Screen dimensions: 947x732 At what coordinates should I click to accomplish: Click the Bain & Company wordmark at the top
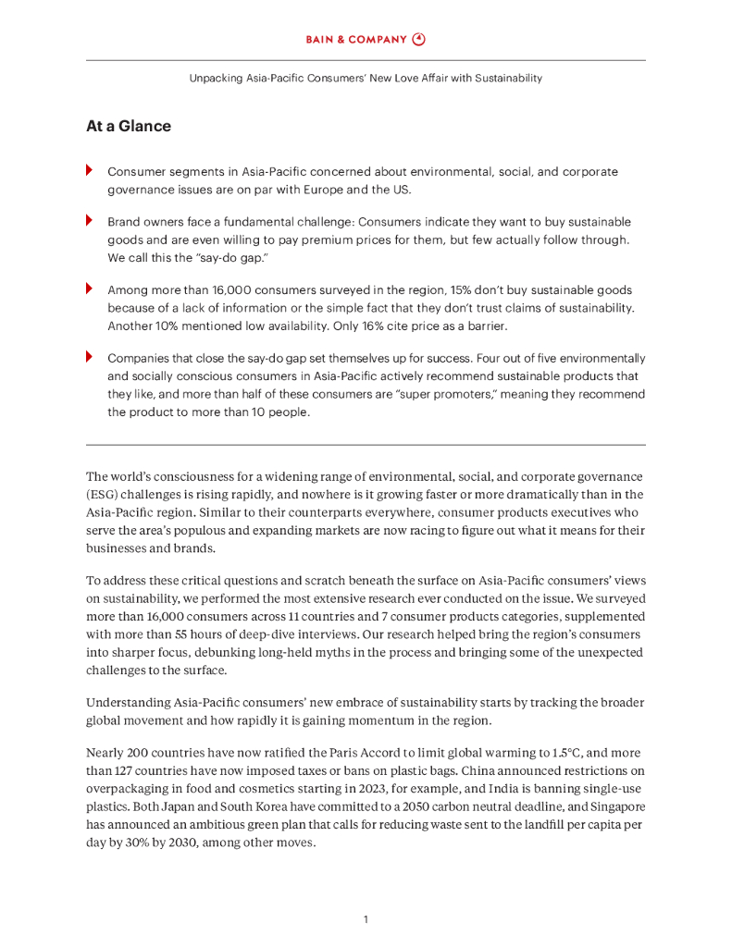point(356,40)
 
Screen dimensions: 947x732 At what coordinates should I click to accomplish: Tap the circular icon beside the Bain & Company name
point(418,40)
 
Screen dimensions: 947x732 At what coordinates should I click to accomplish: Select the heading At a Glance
point(128,127)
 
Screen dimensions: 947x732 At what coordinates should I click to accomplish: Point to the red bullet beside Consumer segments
point(89,170)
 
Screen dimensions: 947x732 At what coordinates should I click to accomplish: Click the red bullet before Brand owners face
point(89,220)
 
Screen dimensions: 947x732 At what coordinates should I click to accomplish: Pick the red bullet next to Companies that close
point(89,356)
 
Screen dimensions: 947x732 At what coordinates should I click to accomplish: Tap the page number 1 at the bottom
point(366,919)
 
